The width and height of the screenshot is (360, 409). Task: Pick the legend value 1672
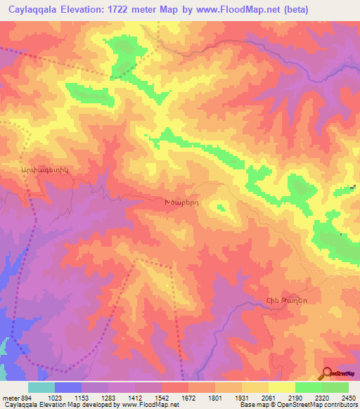[x=176, y=398]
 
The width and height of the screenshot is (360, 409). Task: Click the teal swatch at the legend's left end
[x=41, y=387]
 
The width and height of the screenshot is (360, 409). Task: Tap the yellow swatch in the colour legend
[x=281, y=387]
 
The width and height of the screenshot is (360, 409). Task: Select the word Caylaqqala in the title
[x=35, y=10]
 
